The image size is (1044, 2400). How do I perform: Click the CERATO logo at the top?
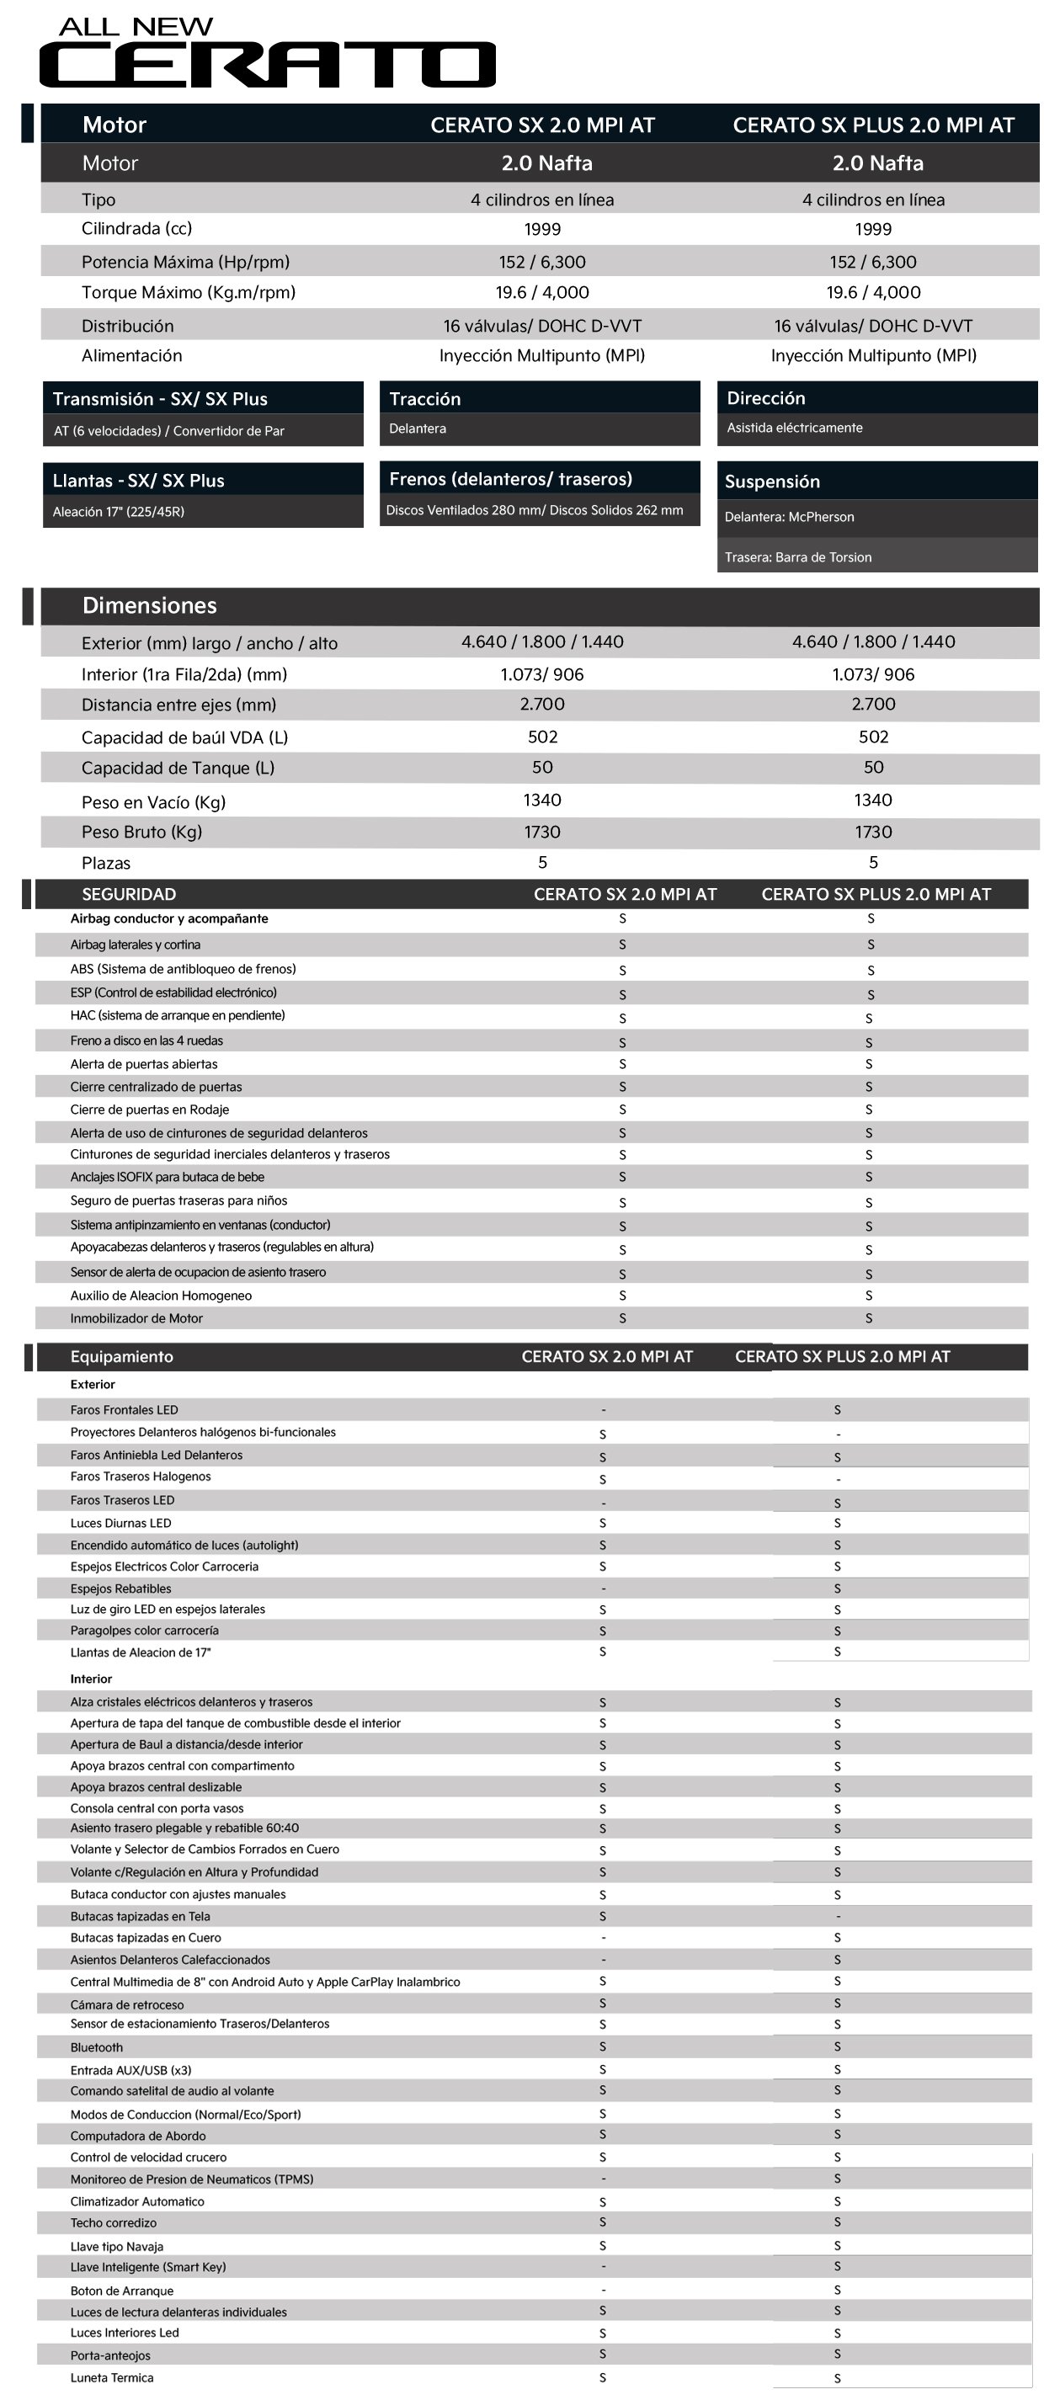click(x=267, y=64)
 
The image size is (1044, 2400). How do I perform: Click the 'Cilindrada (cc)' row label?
click(x=136, y=229)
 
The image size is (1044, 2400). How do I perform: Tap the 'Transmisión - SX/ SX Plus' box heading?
click(x=159, y=399)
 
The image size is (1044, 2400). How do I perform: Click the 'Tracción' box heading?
click(x=425, y=399)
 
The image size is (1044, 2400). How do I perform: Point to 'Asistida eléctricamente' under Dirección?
click(x=794, y=428)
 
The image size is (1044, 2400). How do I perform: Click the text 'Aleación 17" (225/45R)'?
click(x=119, y=512)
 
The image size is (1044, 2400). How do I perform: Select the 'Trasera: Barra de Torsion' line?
click(x=798, y=557)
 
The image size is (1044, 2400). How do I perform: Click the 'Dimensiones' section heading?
click(x=149, y=605)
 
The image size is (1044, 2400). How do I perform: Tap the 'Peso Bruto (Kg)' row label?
click(x=141, y=832)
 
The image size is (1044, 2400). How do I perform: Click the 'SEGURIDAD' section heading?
click(x=129, y=894)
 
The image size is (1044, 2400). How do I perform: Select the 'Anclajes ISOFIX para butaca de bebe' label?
click(x=167, y=1177)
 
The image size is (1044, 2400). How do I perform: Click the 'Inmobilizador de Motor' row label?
click(x=136, y=1318)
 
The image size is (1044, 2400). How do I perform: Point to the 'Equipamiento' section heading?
click(x=121, y=1356)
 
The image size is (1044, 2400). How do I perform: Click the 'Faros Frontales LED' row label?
click(x=124, y=1410)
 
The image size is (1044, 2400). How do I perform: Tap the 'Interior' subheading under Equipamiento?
click(x=90, y=1679)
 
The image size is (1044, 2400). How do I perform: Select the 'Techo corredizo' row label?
click(x=113, y=2223)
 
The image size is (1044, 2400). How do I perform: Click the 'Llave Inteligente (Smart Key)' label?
click(x=147, y=2267)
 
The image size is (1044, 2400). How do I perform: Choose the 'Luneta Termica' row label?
click(x=112, y=2377)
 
